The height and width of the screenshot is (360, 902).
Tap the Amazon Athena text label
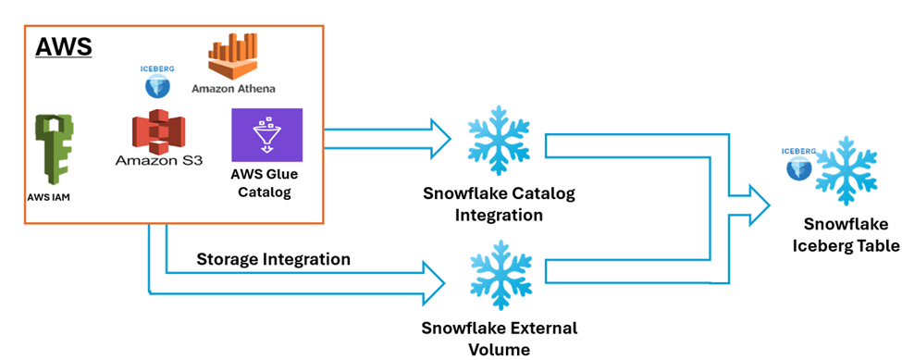click(233, 89)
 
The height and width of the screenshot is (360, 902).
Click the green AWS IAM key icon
click(53, 150)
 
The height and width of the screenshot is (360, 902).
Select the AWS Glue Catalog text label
click(266, 184)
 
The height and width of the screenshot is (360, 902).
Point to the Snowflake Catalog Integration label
click(499, 204)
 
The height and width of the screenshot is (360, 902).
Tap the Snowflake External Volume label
click(499, 338)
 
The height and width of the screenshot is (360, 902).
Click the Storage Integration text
click(273, 259)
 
